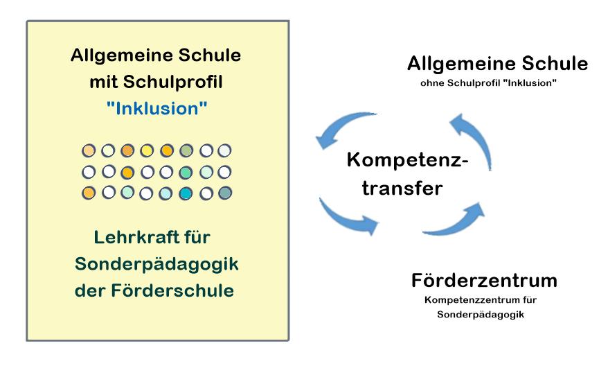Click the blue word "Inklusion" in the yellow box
[x=157, y=109]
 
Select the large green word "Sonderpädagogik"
[x=157, y=265]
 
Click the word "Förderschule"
[x=172, y=290]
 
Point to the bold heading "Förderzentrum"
[x=484, y=280]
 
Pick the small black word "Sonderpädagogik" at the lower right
[x=481, y=315]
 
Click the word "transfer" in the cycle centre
[x=402, y=189]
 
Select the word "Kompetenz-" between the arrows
[x=408, y=160]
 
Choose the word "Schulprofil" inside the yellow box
[x=173, y=82]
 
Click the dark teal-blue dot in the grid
[x=186, y=193]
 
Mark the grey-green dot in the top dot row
[x=186, y=150]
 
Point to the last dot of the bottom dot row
[x=225, y=193]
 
